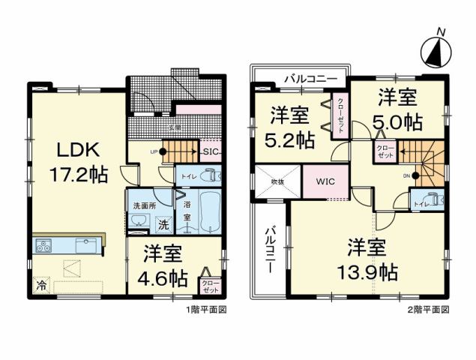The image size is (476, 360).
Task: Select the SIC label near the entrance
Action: (x=211, y=151)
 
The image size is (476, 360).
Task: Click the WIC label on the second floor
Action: (x=325, y=182)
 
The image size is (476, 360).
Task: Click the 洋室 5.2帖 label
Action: (x=288, y=127)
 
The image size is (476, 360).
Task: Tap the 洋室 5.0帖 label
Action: (x=398, y=109)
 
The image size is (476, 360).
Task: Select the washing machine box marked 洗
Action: (x=162, y=223)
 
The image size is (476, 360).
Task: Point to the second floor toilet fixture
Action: (x=436, y=201)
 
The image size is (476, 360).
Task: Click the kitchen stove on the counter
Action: (x=42, y=245)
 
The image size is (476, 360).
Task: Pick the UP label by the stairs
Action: (x=154, y=151)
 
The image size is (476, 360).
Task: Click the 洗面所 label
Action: (x=143, y=206)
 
